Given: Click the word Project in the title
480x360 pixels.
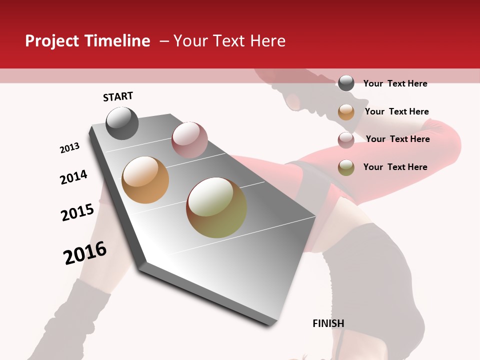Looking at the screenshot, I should point(45,41).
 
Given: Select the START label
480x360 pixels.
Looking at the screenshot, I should point(118,96).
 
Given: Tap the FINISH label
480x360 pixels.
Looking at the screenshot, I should point(328,323).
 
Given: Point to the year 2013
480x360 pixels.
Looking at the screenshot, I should point(69,148).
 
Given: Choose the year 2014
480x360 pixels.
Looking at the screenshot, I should point(73,177).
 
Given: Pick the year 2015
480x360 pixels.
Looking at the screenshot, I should point(77,212).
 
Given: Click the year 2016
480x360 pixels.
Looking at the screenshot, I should point(85,253).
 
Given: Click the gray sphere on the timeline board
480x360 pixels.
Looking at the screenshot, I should point(122,123).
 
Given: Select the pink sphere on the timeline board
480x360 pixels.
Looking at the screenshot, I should point(189,140).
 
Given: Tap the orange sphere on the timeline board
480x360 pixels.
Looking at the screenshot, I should point(145,180).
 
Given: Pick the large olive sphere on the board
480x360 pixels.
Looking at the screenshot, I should point(216,207).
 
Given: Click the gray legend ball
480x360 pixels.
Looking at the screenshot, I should point(346,83).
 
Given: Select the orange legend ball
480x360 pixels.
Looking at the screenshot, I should point(346,112).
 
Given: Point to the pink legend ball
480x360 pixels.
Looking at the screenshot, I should point(346,139).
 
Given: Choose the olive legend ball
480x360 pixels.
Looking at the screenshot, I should point(346,167).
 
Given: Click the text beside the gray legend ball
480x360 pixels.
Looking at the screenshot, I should point(395,83).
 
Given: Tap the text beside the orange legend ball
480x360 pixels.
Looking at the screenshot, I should point(396,111).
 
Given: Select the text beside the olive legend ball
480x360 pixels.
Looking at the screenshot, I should point(395,167).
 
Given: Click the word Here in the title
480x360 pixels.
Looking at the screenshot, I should point(267,41).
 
